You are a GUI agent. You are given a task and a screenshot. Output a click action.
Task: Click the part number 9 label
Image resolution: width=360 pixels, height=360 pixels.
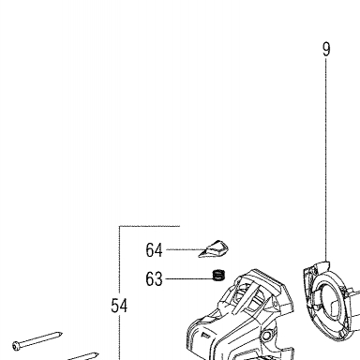326,50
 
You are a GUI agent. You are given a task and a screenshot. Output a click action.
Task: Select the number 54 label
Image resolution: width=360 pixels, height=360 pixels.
119,306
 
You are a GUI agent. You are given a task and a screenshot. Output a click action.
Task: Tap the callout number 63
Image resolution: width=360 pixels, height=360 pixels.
154,278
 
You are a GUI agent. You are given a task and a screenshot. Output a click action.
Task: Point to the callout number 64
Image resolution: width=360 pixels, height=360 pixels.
154,250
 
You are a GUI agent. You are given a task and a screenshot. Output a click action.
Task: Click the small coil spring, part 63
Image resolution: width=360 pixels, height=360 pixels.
218,276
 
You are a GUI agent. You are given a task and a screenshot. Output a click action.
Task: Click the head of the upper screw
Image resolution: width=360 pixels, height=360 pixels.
17,346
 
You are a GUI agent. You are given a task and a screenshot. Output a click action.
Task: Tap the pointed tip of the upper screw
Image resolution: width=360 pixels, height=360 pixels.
62,334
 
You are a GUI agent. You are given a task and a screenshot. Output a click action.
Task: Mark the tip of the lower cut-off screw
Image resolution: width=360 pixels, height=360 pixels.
97,354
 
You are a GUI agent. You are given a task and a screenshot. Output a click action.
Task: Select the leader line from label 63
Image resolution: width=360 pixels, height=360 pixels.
188,278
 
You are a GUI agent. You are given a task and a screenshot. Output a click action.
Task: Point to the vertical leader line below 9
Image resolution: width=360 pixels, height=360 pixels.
326,159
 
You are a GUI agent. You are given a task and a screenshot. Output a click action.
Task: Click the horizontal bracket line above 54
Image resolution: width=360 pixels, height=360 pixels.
150,226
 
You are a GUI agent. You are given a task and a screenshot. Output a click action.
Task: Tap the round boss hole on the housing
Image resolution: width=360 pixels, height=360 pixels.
266,337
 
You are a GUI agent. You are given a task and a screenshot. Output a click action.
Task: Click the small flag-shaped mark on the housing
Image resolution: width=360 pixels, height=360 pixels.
205,336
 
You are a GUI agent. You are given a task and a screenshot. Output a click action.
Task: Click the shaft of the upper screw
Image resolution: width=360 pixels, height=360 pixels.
40,339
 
